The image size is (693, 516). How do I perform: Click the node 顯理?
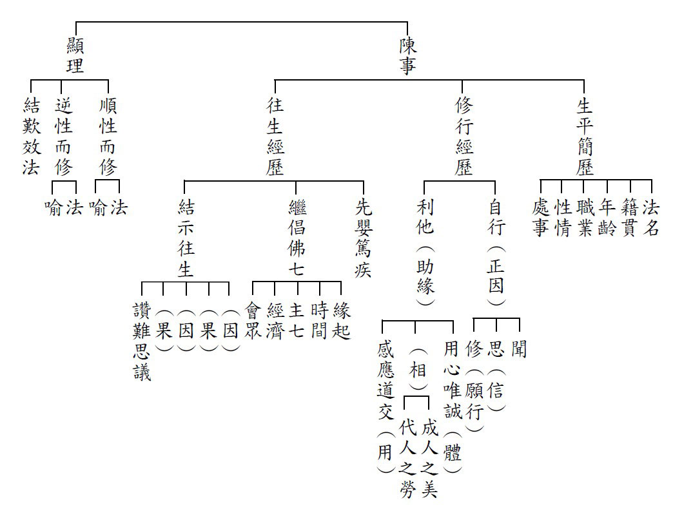pyautogui.click(x=75, y=55)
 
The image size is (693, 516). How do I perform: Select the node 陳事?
pyautogui.click(x=408, y=55)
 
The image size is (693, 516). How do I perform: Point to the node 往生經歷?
pyautogui.click(x=275, y=136)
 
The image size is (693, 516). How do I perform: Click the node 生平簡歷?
pyautogui.click(x=585, y=136)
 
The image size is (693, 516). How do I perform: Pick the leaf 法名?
pyautogui.click(x=651, y=217)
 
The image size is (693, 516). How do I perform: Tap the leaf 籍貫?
pyautogui.click(x=629, y=217)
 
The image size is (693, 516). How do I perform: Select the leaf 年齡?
pyautogui.click(x=607, y=217)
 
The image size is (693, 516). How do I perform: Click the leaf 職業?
pyautogui.click(x=585, y=217)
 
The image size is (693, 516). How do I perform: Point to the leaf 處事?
pyautogui.click(x=541, y=217)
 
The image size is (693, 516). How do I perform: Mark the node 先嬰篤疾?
pyautogui.click(x=364, y=238)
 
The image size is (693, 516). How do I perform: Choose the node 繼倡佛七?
pyautogui.click(x=297, y=238)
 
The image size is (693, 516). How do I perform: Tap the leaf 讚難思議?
pyautogui.click(x=142, y=341)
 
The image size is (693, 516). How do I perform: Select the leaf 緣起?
pyautogui.click(x=341, y=320)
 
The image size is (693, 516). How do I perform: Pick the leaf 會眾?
pyautogui.click(x=253, y=320)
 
